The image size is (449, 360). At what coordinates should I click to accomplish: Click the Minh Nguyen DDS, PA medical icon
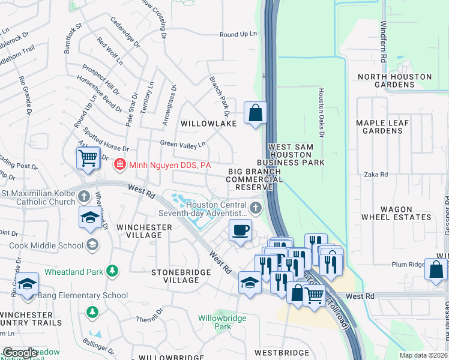pos(120,164)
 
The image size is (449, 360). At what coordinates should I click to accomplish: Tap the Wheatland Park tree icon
pos(112,272)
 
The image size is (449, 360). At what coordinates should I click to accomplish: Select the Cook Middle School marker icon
pos(92,244)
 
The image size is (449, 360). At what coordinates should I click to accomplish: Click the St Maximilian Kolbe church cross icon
pos(84,196)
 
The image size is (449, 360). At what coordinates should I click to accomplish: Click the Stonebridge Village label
pos(181,276)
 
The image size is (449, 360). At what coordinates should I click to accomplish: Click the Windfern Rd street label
pos(383,38)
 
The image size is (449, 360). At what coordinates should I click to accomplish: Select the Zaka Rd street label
pos(376,174)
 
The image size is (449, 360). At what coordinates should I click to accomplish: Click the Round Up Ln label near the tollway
pos(238,35)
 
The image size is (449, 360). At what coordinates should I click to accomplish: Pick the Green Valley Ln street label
pos(182,143)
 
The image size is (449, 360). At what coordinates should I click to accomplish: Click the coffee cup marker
pos(241,230)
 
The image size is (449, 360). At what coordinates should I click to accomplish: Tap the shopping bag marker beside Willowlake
pos(255,112)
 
